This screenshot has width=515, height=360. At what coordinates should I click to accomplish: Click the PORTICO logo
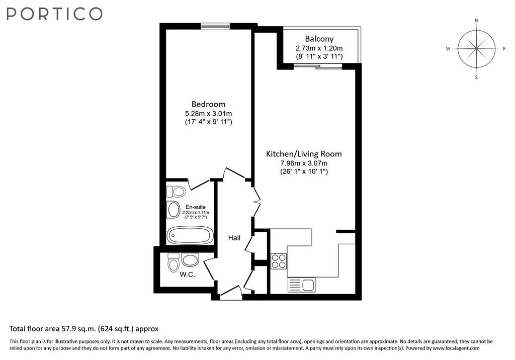tap(54, 14)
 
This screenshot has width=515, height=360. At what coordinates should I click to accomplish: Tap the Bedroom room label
tap(208, 104)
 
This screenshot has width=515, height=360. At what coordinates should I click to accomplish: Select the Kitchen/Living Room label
tap(304, 154)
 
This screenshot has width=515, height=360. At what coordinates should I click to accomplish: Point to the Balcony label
tap(319, 39)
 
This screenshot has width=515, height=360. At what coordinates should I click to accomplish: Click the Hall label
tap(234, 238)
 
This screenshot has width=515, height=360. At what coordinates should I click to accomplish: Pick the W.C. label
tap(187, 275)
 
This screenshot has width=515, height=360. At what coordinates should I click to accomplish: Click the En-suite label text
tap(196, 207)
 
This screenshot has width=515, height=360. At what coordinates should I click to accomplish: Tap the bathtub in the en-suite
tap(190, 235)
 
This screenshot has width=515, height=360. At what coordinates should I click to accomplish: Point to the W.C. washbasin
tap(190, 260)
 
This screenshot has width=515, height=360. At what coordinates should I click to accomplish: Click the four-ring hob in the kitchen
tap(279, 261)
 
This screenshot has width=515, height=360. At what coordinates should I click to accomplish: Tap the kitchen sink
tap(302, 285)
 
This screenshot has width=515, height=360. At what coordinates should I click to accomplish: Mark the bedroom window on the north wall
tap(215, 27)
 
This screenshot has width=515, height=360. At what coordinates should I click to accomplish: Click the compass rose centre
tap(477, 49)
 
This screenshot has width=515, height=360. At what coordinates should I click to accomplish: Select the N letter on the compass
tap(477, 21)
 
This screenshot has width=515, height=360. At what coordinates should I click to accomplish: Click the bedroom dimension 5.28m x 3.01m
tap(209, 114)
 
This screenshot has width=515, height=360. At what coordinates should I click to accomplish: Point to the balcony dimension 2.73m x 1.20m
tap(319, 48)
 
